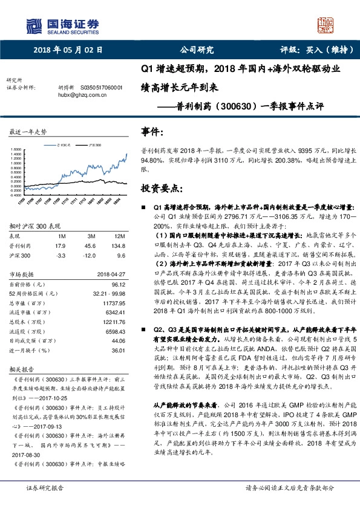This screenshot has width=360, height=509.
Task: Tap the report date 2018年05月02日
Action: click(68, 51)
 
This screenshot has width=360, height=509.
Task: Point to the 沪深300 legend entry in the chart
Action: click(93, 145)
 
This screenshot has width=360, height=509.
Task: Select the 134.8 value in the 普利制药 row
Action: click(122, 246)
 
